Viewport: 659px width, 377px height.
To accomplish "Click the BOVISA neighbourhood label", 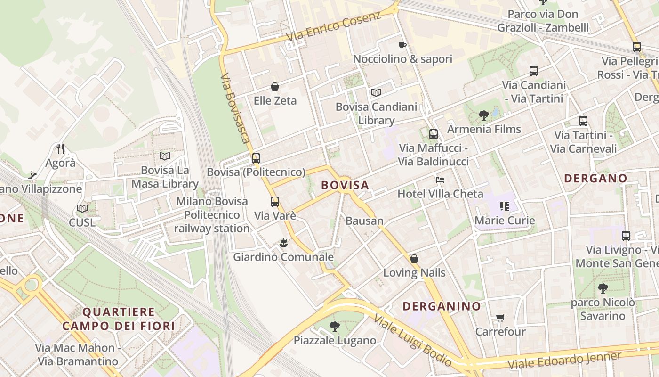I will pyautogui.click(x=345, y=185).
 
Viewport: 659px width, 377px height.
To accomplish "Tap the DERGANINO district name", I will pyautogui.click(x=442, y=306).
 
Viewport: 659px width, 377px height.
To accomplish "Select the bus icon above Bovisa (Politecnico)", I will pyautogui.click(x=256, y=158).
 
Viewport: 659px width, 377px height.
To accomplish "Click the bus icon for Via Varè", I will pyautogui.click(x=275, y=202).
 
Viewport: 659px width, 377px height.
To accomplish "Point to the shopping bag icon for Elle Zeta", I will pyautogui.click(x=275, y=87).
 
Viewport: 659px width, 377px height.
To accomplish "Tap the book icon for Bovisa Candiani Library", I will pyautogui.click(x=376, y=92).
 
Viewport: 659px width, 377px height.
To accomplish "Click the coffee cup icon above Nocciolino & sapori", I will pyautogui.click(x=402, y=45).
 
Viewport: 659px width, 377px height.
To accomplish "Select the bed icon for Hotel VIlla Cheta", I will pyautogui.click(x=440, y=180).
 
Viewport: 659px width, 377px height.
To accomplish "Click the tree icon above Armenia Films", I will pyautogui.click(x=483, y=115).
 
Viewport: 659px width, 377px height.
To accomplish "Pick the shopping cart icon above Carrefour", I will pyautogui.click(x=500, y=318).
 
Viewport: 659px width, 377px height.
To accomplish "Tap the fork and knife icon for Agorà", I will pyautogui.click(x=60, y=149).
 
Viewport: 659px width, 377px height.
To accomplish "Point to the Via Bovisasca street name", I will pyautogui.click(x=234, y=107).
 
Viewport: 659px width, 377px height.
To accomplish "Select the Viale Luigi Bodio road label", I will pyautogui.click(x=413, y=341).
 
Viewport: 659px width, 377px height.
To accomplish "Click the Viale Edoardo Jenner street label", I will pyautogui.click(x=564, y=361).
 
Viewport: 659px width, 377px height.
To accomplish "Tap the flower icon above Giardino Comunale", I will pyautogui.click(x=283, y=243).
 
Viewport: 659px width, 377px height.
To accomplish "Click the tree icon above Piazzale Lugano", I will pyautogui.click(x=335, y=326).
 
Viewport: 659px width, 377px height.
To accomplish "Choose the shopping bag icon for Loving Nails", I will pyautogui.click(x=414, y=259).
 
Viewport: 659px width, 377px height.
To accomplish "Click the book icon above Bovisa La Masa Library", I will pyautogui.click(x=164, y=156).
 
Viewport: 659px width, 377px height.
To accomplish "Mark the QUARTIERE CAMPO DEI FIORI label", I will pyautogui.click(x=118, y=319).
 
